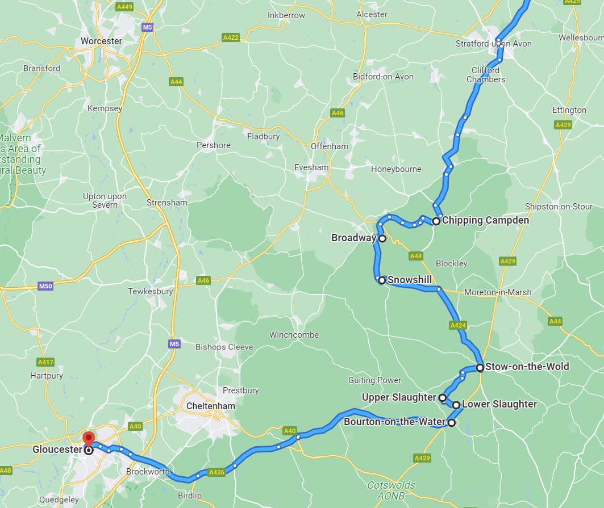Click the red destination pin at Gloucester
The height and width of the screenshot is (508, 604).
coord(89,438)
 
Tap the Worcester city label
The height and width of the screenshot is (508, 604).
coord(101,41)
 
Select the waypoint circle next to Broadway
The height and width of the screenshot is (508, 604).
coord(382,239)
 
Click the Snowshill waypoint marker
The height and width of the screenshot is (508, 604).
coord(382,280)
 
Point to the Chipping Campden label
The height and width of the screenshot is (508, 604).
coord(485,220)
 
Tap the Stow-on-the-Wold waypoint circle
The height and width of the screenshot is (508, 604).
coord(480,367)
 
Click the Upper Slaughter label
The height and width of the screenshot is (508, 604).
coord(398,397)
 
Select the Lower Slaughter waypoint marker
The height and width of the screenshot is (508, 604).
coord(456,405)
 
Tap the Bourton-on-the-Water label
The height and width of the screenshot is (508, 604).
coord(394,422)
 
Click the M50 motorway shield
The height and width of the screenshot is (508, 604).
coord(46,286)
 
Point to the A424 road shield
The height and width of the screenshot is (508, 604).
coord(457,325)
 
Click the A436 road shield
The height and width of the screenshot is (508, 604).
coord(216,472)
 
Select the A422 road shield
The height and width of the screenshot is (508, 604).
coord(231,37)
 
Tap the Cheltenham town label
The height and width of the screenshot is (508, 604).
coord(211,406)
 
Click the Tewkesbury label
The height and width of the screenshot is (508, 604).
coord(150,291)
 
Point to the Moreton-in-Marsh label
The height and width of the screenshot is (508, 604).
coord(498,292)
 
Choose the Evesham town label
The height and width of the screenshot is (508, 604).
coord(311,167)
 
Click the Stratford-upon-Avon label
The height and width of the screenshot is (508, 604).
coord(493,44)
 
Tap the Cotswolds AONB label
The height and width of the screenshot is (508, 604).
coord(391,490)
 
